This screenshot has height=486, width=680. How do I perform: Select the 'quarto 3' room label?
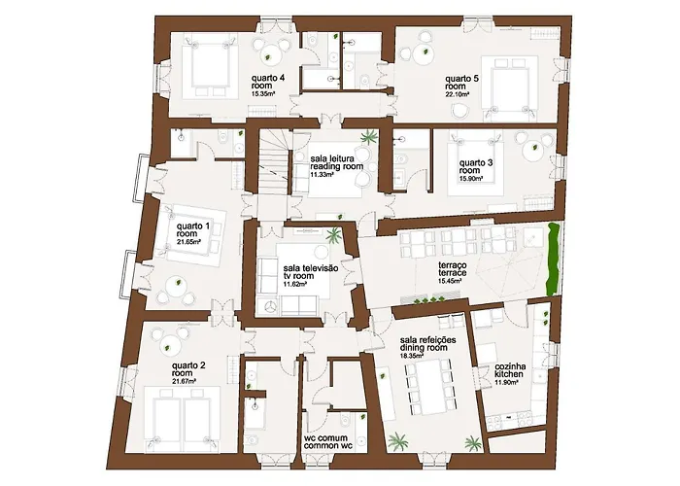(478, 166)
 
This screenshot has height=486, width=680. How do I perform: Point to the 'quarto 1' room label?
(192, 230)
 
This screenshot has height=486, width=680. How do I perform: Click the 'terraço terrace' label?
(456, 270)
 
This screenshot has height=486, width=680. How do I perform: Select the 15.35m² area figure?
(267, 94)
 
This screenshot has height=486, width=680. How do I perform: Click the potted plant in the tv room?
(334, 234)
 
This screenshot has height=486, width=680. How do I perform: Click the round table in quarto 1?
(176, 286)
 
